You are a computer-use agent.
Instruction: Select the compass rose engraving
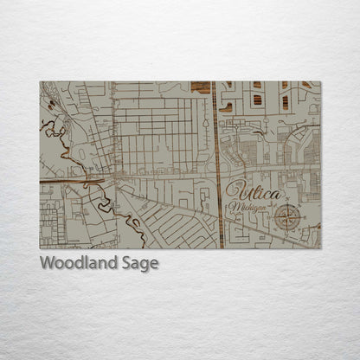click(x=287, y=217)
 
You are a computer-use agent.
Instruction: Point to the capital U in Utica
click(x=235, y=192)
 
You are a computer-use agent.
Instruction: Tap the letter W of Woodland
click(x=48, y=263)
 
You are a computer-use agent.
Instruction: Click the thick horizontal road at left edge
click(x=61, y=180)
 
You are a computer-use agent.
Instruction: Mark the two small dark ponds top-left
click(x=50, y=105)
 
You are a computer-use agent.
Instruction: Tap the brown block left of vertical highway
click(x=201, y=86)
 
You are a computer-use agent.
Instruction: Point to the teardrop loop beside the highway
click(x=228, y=159)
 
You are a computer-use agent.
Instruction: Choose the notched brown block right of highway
click(x=227, y=107)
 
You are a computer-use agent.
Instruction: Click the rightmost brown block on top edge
click(x=307, y=85)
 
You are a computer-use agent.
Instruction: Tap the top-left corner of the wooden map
click(x=41, y=82)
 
